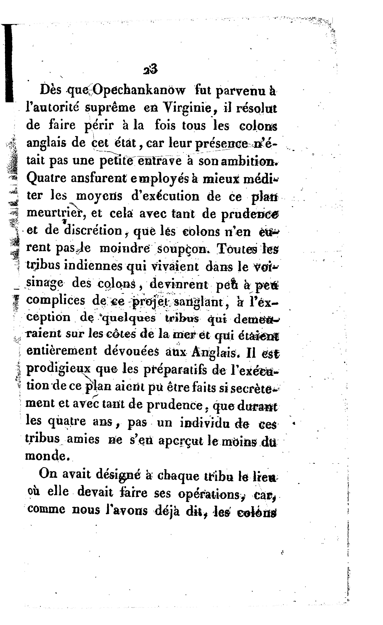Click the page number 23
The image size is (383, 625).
150,69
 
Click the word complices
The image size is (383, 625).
56,301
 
